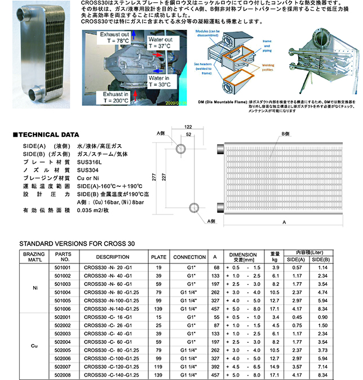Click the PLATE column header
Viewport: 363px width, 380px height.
[x=158, y=257]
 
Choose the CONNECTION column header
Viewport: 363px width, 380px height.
[x=189, y=257]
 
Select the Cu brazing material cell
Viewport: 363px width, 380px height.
[x=35, y=346]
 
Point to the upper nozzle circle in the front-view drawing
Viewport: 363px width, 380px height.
[x=181, y=148]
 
